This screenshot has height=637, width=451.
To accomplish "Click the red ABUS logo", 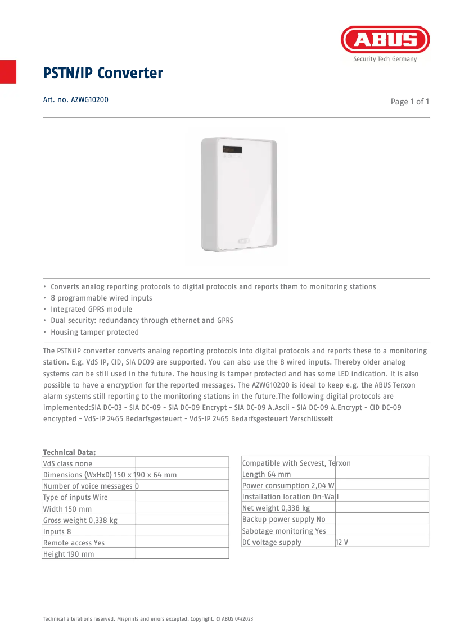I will coord(385,40).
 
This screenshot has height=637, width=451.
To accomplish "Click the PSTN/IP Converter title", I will coord(103,73).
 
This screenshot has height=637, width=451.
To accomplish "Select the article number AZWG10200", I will coord(75,100).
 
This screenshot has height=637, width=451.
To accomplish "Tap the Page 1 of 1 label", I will coord(410,102).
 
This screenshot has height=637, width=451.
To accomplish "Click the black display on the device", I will coord(232,150).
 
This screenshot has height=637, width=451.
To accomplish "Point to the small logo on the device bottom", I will coord(245,241).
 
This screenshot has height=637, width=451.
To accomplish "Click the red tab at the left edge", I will coord(8,71).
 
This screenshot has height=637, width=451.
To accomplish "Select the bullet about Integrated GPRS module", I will coord(91,310).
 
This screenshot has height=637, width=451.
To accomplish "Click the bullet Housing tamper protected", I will coord(94,333).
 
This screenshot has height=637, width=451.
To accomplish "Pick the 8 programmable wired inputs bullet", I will coord(101,298).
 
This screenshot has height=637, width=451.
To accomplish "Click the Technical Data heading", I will coord(69,452).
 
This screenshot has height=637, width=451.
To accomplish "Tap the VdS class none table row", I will coord(67,463).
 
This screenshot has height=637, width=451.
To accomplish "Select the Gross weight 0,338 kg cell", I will coord(80,520).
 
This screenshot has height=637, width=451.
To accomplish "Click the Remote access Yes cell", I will coord(74,543).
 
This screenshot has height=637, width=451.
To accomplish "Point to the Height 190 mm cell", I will coord(69,554).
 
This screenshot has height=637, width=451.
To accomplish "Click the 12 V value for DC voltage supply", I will coord(342,542).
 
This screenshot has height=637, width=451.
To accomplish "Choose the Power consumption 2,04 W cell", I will coord(288,485).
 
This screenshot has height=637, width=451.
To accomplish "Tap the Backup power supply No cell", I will coord(284,520).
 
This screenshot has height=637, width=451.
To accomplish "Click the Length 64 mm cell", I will coord(267,474).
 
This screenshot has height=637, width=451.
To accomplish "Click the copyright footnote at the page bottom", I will coord(148,618).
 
